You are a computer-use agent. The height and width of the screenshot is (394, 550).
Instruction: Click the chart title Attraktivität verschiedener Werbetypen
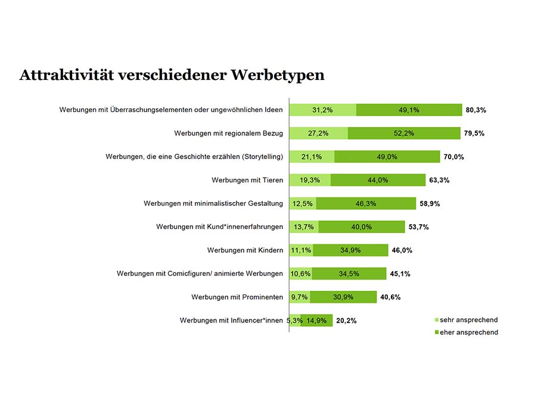coord(172,75)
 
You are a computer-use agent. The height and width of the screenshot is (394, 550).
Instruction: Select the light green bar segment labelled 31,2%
coord(322,110)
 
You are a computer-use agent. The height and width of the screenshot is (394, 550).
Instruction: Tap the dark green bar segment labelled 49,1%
coord(409,110)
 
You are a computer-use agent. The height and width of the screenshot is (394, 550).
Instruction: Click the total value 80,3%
coord(476,110)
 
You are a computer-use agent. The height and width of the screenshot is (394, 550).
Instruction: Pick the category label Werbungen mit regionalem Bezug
coord(228,133)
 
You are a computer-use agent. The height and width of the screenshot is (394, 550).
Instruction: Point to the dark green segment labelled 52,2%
coord(404,133)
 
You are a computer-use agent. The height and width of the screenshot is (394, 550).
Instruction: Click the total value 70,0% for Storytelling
coord(453,157)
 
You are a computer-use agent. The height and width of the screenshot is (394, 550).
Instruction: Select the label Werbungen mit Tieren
coord(247,180)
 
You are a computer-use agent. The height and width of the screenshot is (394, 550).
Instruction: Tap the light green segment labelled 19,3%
coord(310,180)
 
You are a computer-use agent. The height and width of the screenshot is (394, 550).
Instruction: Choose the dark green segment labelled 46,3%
coord(366,204)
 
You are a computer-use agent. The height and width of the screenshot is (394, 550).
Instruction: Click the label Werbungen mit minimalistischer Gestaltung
coord(213,204)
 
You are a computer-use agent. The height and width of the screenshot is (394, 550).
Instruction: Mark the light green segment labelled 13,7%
coord(304,227)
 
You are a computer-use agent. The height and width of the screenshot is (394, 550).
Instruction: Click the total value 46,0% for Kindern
coord(402,250)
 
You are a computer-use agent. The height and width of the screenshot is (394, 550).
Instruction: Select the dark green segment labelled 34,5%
coord(349,274)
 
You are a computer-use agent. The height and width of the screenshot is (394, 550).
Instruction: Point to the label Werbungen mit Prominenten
coord(237,297)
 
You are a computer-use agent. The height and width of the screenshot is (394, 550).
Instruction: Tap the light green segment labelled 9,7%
coord(299,297)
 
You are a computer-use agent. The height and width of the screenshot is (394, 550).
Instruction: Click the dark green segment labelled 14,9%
coord(316,321)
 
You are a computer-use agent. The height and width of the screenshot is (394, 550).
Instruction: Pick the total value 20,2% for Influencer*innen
coord(346,321)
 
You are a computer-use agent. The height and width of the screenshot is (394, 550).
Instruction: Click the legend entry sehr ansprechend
coord(468,320)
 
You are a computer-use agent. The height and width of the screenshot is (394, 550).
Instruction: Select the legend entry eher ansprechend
coord(468,332)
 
